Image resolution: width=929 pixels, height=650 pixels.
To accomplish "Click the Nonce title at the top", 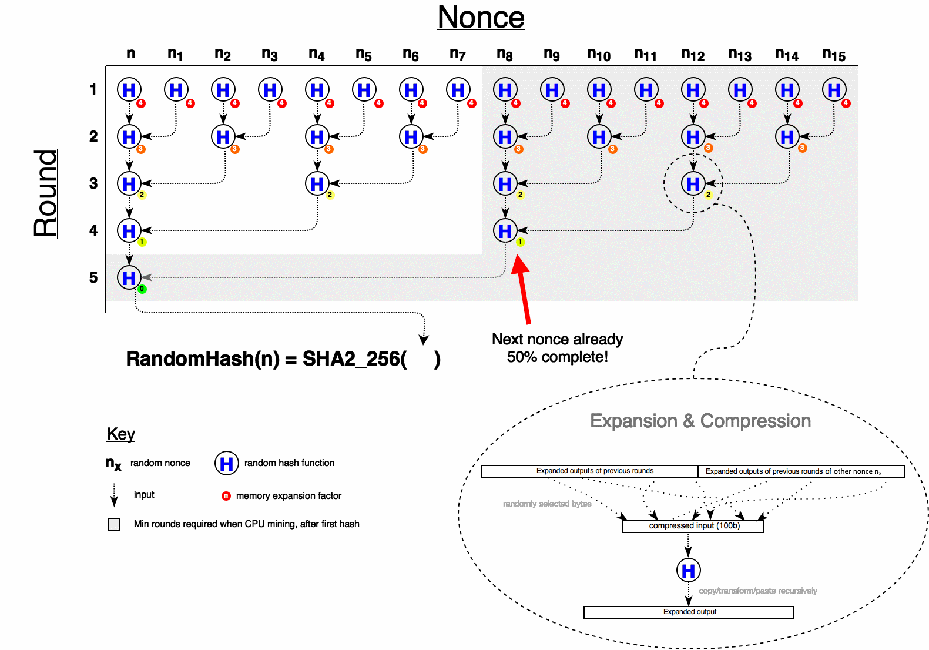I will tap(481, 18).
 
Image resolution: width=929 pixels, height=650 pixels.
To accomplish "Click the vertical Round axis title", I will tap(46, 193).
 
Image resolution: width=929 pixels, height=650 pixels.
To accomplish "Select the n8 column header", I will tap(504, 54).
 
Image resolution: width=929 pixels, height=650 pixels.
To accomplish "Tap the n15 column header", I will tap(834, 55).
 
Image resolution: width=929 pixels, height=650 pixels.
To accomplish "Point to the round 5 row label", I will tap(93, 277).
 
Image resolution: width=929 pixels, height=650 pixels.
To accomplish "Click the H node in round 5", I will tap(129, 278).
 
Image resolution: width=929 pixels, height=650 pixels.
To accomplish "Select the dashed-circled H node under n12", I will tap(693, 184).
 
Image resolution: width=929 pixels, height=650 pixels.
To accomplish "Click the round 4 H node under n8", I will tap(505, 231).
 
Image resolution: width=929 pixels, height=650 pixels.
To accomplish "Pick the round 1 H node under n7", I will tap(458, 90).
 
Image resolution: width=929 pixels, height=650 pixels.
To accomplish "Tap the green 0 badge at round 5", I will tap(142, 289).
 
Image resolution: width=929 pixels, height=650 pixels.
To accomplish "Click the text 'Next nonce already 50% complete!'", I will tap(557, 348).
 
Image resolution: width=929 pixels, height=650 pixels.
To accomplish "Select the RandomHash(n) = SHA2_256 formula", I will tap(283, 358).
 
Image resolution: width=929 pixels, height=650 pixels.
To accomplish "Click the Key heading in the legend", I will tap(121, 434).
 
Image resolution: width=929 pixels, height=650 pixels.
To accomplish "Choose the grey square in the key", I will tap(114, 524).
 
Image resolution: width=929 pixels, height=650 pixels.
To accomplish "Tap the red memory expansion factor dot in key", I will tap(226, 495).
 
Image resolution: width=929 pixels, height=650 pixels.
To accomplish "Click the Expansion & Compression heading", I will tap(700, 421).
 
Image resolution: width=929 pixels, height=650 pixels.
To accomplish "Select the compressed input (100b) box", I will tap(693, 526).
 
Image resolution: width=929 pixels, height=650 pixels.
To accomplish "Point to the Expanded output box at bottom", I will tap(689, 612).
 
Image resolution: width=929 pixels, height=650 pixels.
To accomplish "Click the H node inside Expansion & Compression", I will tap(689, 570).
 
